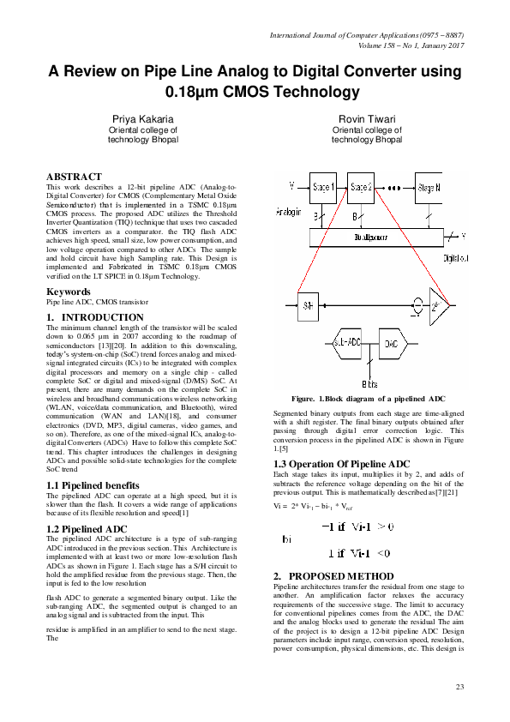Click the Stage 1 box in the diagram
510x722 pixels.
(x=323, y=186)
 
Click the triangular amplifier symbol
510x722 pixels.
(x=440, y=304)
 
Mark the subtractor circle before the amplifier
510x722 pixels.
(x=417, y=303)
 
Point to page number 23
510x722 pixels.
(x=459, y=688)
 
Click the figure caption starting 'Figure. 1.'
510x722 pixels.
(x=368, y=399)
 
